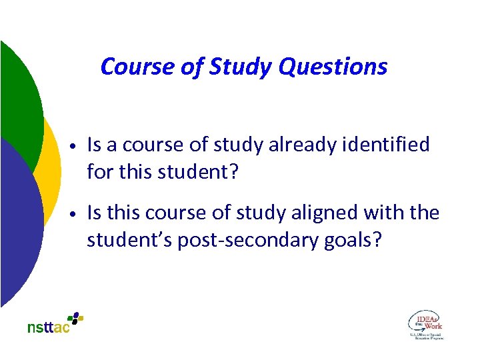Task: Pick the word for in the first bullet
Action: [x=100, y=172]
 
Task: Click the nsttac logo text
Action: [x=49, y=328]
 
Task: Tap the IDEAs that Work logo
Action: [x=425, y=324]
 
